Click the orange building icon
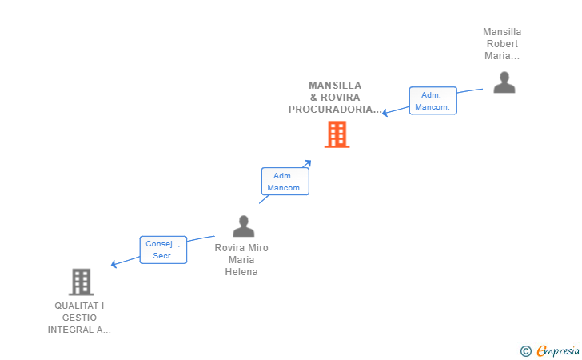[x=337, y=134]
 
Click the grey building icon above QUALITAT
[x=81, y=282]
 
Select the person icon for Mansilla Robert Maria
[x=504, y=82]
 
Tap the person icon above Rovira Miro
[x=244, y=226]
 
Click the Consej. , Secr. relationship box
[x=163, y=250]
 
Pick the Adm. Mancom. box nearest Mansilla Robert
[x=433, y=101]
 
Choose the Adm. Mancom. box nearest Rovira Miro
[x=285, y=182]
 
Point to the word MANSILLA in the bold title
[x=335, y=86]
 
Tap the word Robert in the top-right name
[x=502, y=44]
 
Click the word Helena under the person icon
[x=241, y=272]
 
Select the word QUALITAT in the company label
[x=77, y=306]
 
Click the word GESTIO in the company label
[x=79, y=318]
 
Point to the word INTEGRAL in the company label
[x=70, y=330]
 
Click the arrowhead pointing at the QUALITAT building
[x=114, y=264]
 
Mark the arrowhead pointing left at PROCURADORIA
[x=385, y=112]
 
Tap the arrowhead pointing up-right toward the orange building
[x=307, y=163]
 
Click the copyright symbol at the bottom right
[x=526, y=351]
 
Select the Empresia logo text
[x=558, y=350]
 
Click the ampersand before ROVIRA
[x=313, y=98]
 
